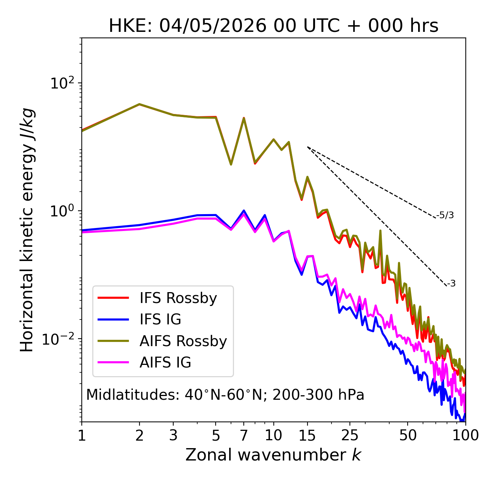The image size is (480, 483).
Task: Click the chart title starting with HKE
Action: point(273,25)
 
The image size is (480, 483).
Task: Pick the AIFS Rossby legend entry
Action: point(162,341)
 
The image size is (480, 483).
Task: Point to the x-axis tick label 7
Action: point(243,436)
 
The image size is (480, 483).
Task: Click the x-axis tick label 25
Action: point(349,436)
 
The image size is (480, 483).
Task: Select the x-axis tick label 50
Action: point(408,436)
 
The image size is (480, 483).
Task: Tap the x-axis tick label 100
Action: point(465,436)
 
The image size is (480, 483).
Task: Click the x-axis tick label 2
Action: point(139,436)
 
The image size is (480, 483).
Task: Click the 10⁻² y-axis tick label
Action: point(58,339)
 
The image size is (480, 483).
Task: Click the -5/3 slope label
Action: point(445,215)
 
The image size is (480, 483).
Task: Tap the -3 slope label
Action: point(451,283)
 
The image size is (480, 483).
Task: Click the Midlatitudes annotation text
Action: point(225,395)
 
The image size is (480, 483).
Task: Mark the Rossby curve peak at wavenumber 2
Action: point(139,104)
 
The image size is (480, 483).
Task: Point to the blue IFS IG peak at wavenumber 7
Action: point(243,210)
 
